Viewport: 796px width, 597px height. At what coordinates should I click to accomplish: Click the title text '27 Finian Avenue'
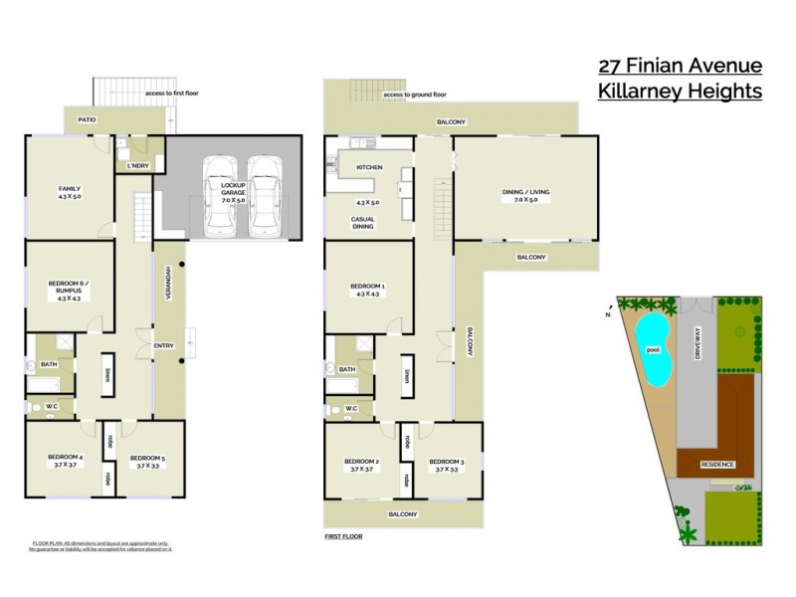pos(680,67)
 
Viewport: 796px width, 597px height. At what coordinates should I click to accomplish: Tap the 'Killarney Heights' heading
pos(680,92)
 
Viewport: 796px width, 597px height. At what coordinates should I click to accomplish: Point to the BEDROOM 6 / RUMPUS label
pos(70,290)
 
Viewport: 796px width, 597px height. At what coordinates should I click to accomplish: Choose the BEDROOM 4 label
pos(68,460)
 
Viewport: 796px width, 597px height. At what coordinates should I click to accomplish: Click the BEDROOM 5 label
pos(147,460)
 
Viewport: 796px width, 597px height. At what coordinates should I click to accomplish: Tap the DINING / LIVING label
pos(525,196)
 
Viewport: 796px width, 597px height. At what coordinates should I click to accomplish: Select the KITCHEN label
pos(369,166)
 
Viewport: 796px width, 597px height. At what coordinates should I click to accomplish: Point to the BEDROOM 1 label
pos(367,290)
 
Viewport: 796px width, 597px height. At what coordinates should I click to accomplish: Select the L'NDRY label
pos(138,165)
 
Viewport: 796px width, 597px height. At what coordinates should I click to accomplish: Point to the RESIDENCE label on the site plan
pos(718,465)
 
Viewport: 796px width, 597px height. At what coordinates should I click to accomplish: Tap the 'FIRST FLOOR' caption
pos(343,536)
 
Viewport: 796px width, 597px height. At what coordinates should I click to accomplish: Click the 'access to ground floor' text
pos(414,95)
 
